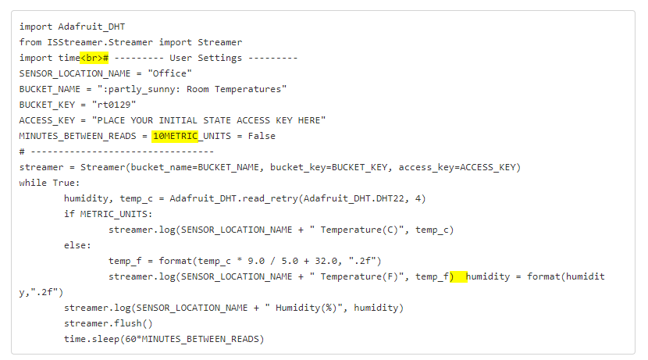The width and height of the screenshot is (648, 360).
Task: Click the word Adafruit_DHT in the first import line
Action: (91, 27)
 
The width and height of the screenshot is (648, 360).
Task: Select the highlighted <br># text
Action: (94, 58)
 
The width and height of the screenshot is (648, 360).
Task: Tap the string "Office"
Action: (170, 73)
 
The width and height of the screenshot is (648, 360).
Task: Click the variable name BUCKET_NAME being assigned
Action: (50, 89)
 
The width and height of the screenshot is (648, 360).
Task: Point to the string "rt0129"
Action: (114, 105)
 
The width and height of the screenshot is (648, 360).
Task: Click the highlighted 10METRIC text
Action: (175, 136)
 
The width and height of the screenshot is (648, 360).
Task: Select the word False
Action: (262, 136)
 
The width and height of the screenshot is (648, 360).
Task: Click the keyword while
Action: (33, 183)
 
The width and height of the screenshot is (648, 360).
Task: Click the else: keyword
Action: (77, 245)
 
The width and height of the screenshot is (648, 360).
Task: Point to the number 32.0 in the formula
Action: (326, 262)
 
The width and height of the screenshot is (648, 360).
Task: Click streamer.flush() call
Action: (109, 323)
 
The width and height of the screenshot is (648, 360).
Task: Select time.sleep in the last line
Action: (91, 340)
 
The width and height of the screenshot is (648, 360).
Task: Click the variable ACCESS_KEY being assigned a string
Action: (47, 120)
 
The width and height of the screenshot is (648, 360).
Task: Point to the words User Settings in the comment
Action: (206, 58)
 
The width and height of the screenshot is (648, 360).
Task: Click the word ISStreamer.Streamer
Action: (100, 43)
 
